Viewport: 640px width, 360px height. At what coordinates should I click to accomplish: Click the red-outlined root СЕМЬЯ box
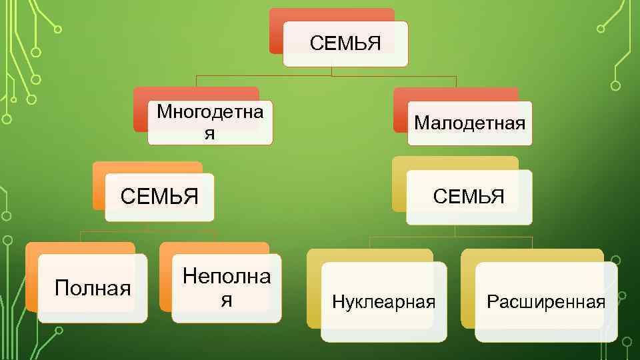tap(345, 45)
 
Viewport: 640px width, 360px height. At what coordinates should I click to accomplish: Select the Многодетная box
tap(210, 122)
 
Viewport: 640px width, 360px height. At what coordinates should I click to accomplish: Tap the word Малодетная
tap(469, 123)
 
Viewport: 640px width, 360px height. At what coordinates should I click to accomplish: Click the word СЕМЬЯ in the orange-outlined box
tap(159, 197)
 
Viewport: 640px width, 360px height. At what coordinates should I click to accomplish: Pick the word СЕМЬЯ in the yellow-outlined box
tap(469, 197)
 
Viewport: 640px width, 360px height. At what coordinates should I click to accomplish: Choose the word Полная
tap(93, 289)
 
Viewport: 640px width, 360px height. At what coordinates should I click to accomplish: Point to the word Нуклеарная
tap(383, 302)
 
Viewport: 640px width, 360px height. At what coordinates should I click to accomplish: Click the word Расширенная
tap(546, 302)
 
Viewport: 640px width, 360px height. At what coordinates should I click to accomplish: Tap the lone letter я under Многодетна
tap(209, 133)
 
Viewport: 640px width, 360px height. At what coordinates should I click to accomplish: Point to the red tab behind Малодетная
tap(453, 94)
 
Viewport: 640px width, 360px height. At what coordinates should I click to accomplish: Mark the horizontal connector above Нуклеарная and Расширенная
tap(453, 237)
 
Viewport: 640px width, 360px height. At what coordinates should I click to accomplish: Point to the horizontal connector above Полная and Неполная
tap(148, 231)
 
